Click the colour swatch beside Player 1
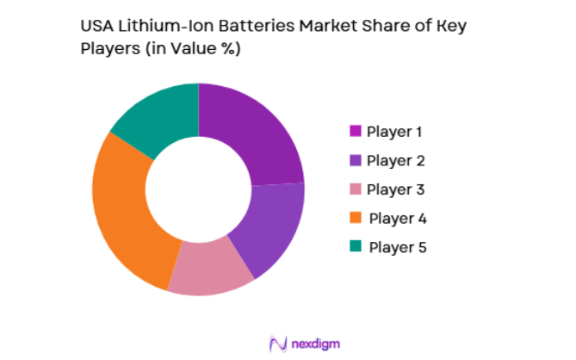355,132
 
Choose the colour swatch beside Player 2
355,160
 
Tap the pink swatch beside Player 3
355,189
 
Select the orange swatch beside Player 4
355,218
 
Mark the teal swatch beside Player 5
355,247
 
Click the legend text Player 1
395,132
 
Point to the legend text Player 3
395,189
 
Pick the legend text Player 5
397,247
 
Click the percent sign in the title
227,50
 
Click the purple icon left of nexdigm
277,344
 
